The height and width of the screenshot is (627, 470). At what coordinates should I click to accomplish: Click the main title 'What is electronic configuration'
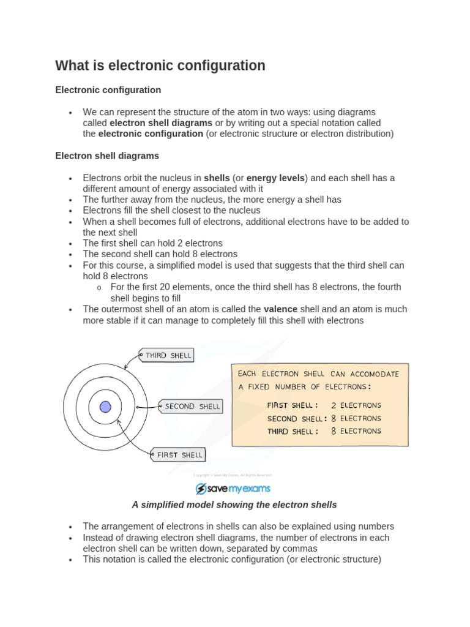(x=160, y=66)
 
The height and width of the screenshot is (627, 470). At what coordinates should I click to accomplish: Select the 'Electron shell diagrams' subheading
(x=107, y=156)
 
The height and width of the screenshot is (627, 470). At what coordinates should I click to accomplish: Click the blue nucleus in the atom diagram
(x=105, y=407)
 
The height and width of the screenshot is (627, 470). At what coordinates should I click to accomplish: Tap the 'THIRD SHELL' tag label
(x=167, y=355)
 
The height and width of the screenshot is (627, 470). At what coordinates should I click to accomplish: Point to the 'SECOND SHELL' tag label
(x=191, y=407)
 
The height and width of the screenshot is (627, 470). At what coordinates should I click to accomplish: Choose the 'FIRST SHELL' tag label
(x=179, y=455)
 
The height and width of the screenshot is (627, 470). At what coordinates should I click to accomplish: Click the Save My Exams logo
(x=233, y=489)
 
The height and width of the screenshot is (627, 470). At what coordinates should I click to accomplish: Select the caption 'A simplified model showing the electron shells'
(x=234, y=505)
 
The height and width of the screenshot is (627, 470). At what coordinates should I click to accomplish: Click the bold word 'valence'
(x=280, y=309)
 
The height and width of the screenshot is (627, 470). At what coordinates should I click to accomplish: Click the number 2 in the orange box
(x=334, y=405)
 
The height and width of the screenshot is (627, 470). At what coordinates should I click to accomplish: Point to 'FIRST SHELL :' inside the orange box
(x=293, y=405)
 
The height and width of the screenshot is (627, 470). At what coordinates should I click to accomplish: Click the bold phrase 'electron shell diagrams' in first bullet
(x=161, y=123)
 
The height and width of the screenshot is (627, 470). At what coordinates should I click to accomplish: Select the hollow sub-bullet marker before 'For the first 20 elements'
(x=99, y=288)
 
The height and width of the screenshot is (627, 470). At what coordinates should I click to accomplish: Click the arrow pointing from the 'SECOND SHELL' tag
(x=147, y=407)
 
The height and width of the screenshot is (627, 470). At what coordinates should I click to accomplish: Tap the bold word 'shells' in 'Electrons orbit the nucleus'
(x=217, y=178)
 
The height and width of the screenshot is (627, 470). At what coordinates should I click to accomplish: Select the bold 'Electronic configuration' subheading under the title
(x=108, y=90)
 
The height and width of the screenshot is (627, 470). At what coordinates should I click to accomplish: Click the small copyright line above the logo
(x=233, y=475)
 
